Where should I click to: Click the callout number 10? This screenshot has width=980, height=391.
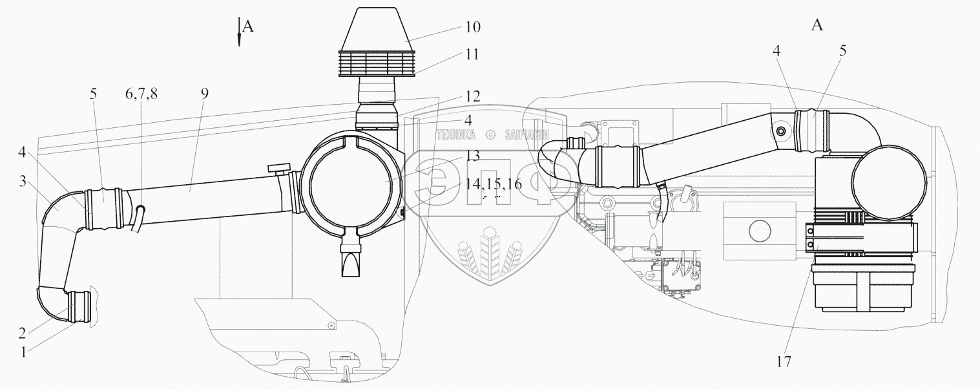472,27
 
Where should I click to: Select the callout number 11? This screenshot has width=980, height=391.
472,54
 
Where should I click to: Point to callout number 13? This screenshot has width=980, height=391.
472,156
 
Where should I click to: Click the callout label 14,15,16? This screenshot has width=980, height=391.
492,184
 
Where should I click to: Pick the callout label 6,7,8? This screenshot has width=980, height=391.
141,93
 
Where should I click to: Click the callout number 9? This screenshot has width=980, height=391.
204,93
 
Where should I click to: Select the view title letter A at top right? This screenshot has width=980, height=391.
817,25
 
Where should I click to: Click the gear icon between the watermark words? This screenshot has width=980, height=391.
489,134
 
